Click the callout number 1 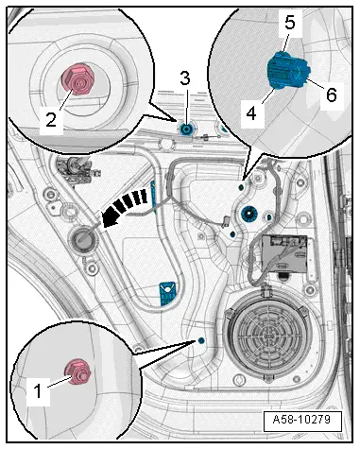click(x=38, y=391)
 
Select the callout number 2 click(x=51, y=119)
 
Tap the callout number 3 click(x=185, y=78)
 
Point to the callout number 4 click(x=251, y=112)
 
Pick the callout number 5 click(x=290, y=23)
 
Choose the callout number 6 click(x=331, y=95)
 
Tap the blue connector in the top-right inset click(x=288, y=70)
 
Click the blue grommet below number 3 click(x=186, y=129)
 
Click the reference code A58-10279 click(x=301, y=420)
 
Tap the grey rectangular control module click(x=284, y=254)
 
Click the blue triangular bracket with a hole click(x=168, y=293)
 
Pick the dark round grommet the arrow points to click(x=83, y=240)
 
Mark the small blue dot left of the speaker click(x=200, y=340)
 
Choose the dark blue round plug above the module click(x=249, y=216)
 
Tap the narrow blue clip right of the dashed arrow click(x=153, y=198)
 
